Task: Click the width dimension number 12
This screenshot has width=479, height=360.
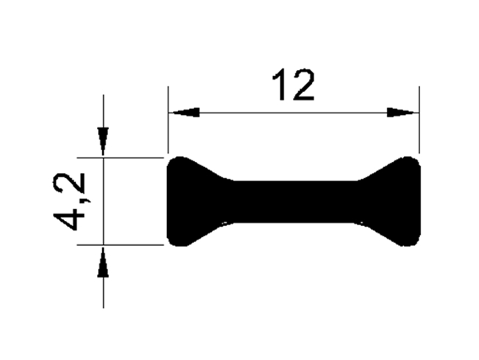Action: tap(294, 85)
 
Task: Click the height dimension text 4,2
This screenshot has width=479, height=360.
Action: tap(68, 202)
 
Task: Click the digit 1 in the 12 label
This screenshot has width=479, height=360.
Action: tap(280, 85)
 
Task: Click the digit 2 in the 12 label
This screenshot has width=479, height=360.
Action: tap(303, 85)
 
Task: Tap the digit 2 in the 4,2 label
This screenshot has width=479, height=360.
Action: tap(68, 183)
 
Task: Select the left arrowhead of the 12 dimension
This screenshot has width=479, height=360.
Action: tap(184, 113)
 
